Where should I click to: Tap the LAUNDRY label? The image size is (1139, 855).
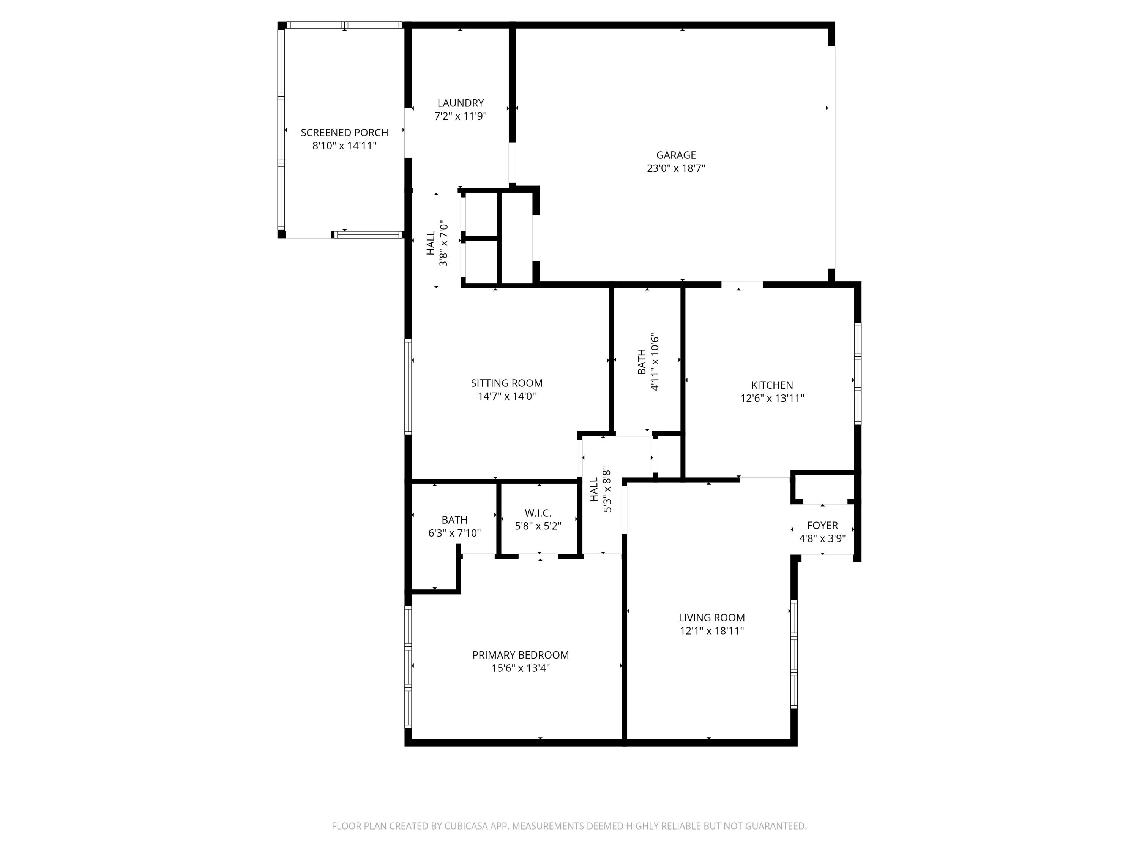point(460,103)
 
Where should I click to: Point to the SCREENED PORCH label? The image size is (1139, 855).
point(344,133)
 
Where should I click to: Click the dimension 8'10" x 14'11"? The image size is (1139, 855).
point(344,146)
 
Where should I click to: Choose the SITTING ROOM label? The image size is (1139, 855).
point(506,383)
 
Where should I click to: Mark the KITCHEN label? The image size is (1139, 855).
point(771,385)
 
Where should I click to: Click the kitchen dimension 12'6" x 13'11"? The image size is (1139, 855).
point(771,398)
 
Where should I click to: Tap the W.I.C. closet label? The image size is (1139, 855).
point(538,513)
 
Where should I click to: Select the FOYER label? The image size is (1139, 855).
point(822,525)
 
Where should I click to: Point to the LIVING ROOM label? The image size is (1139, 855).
point(711,617)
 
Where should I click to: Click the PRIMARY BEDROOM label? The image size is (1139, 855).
point(520,654)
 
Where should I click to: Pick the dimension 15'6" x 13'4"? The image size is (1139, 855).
point(520,668)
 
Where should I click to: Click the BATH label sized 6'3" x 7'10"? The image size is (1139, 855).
point(454,519)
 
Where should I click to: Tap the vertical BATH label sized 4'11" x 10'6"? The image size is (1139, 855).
point(642,362)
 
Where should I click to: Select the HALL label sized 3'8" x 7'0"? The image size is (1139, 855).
point(431,243)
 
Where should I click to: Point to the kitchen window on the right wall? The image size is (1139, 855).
point(857,374)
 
